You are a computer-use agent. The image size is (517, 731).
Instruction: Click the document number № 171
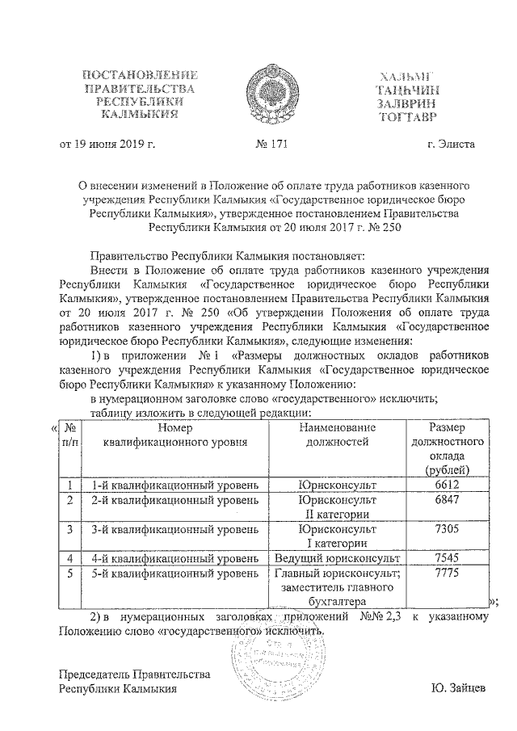(269, 145)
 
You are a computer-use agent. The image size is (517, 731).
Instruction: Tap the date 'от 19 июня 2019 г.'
(107, 145)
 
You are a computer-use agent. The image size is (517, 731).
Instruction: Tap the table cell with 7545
(447, 557)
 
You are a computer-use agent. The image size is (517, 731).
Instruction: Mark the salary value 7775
(447, 573)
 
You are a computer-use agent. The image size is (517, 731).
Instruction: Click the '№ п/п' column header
(70, 434)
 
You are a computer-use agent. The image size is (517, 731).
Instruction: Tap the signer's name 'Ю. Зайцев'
(460, 688)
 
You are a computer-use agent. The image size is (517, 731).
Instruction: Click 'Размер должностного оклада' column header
(447, 447)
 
